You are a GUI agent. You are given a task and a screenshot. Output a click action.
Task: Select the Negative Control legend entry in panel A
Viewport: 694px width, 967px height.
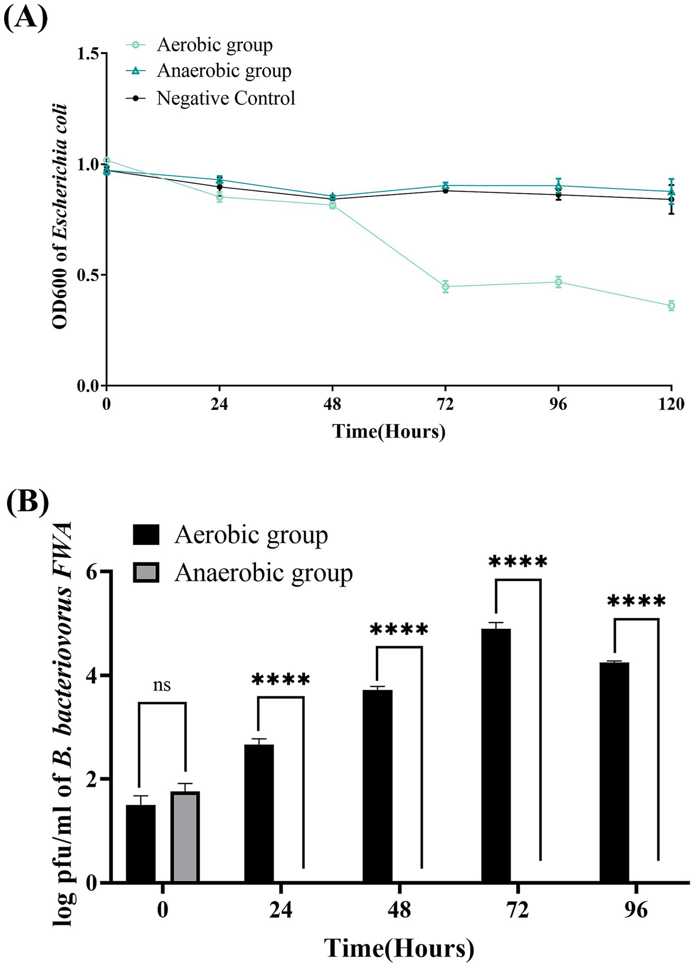point(226,98)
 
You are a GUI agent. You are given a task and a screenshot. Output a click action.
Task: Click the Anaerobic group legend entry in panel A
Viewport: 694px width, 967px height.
point(224,71)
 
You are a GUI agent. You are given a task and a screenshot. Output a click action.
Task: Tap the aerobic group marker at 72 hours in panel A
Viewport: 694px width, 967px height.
point(446,287)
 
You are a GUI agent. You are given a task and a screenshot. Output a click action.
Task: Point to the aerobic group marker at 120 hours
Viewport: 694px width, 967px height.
point(671,305)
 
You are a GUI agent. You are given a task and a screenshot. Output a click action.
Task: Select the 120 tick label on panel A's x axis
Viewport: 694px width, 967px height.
point(671,404)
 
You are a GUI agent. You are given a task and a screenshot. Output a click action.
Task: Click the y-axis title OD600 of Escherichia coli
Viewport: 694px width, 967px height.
point(60,217)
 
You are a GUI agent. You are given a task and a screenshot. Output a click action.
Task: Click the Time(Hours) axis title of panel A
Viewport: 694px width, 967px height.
point(389,431)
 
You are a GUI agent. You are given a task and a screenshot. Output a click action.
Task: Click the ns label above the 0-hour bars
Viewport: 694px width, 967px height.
point(162,685)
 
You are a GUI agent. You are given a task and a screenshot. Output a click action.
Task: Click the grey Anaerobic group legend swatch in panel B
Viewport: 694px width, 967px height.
point(146,573)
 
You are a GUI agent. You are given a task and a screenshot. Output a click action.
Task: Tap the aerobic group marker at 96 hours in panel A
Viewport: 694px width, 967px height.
point(559,282)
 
